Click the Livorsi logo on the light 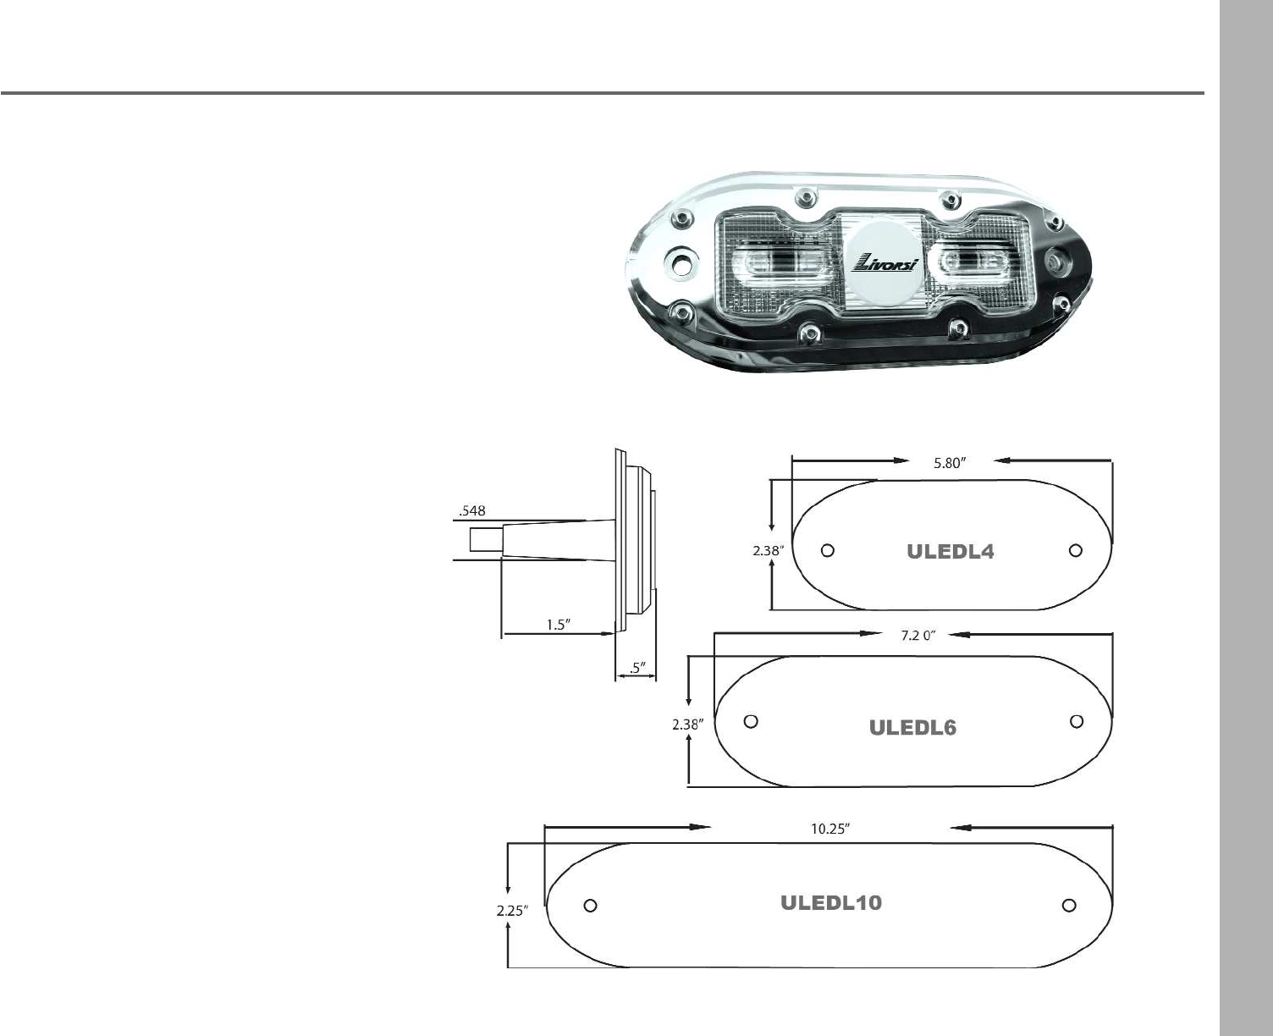point(884,262)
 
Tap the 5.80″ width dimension point(951,463)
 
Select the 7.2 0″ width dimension point(918,636)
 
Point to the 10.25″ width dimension point(830,829)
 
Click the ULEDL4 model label point(951,552)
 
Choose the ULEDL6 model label point(912,728)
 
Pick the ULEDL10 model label point(831,902)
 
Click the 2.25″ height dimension point(513,911)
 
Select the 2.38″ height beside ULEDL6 point(688,725)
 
